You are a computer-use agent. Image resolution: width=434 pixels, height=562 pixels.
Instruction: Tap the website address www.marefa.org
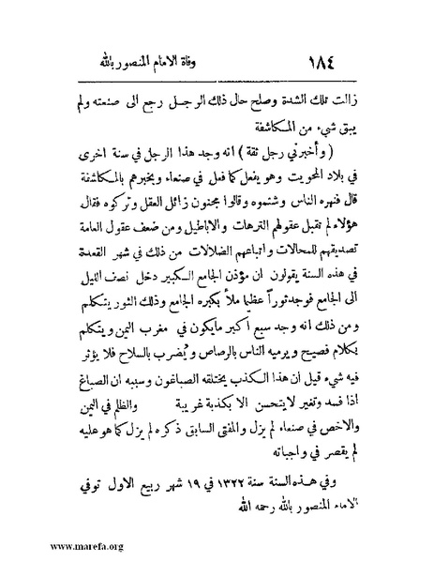coord(48,544)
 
